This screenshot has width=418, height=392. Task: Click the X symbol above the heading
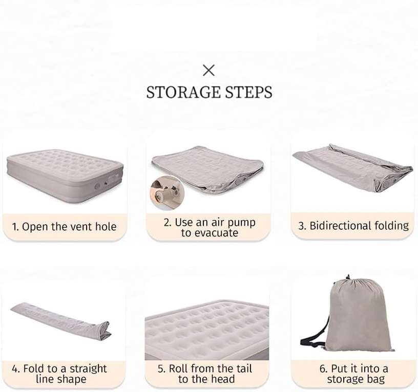coord(208,70)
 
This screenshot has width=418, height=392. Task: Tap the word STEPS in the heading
coord(249,92)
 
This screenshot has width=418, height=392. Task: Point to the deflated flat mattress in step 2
coord(208,168)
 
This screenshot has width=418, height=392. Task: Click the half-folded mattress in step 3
coord(352,168)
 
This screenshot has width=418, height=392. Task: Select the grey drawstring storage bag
coord(357,314)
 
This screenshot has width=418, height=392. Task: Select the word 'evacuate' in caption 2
coord(210,233)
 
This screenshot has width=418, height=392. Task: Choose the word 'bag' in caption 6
coord(376,380)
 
